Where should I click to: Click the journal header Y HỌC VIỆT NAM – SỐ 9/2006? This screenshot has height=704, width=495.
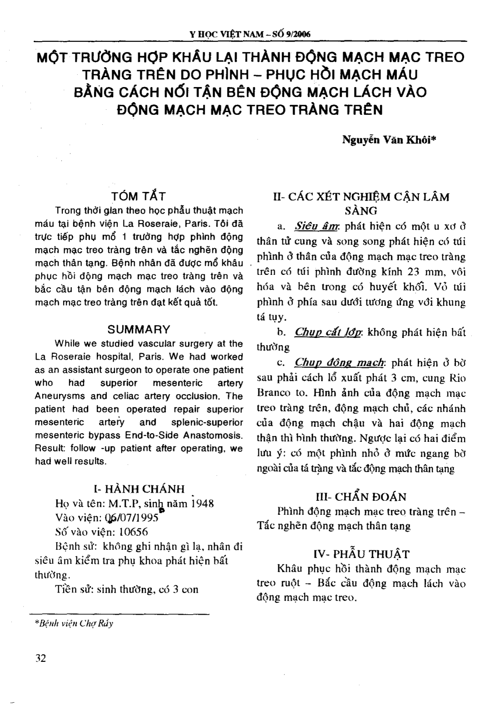point(249,34)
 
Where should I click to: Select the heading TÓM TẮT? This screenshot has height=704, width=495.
point(139,196)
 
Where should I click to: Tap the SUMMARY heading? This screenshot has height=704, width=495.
point(139,329)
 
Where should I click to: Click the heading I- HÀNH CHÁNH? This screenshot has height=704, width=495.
point(139,489)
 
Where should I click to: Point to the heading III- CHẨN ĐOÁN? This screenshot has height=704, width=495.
point(361,497)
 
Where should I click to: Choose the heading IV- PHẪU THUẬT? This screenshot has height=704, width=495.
point(361,554)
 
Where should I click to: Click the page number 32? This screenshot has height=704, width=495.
point(40,658)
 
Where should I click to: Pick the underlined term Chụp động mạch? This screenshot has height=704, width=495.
point(339,362)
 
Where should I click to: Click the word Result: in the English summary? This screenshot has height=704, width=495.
point(48,448)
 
